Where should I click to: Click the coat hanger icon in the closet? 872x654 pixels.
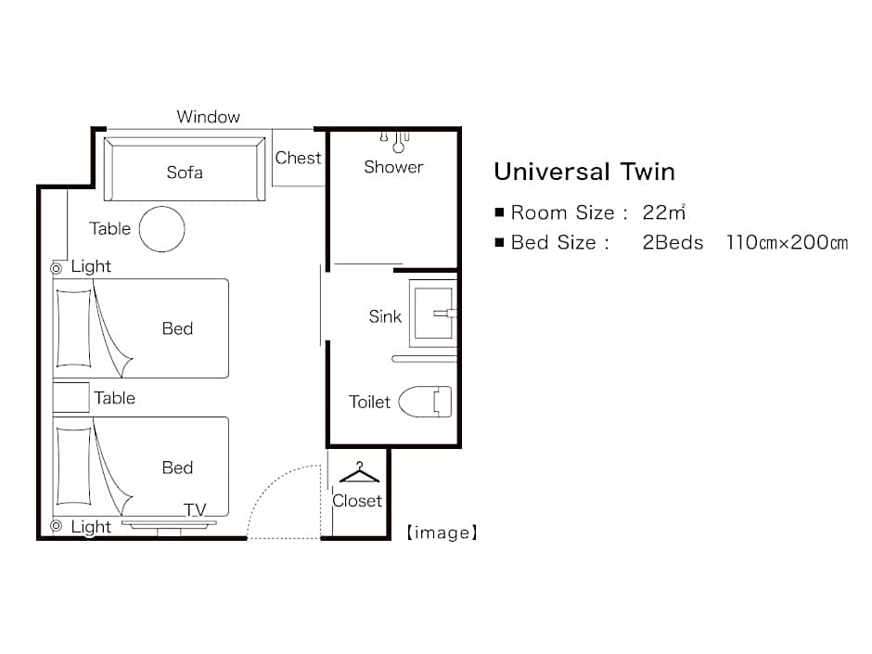tap(359, 473)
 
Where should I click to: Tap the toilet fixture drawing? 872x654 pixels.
tap(425, 401)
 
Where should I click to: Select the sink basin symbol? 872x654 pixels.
tap(433, 314)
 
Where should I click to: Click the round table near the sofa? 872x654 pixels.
tap(161, 229)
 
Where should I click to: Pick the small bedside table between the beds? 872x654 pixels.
tap(71, 397)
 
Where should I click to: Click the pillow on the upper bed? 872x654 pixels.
tap(74, 328)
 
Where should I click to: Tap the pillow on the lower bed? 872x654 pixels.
tap(74, 466)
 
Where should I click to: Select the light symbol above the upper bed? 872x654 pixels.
tap(57, 269)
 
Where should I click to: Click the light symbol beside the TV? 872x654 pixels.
tap(57, 525)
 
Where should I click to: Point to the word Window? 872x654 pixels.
tap(208, 117)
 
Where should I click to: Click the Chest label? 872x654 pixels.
tap(298, 158)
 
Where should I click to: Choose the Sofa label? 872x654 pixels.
tap(185, 173)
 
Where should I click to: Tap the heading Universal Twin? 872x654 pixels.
tap(584, 172)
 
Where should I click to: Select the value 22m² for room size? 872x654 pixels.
tap(663, 212)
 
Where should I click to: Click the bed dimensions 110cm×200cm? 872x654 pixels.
tap(787, 242)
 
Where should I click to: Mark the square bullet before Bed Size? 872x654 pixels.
tap(499, 242)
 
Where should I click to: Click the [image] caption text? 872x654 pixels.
tap(442, 532)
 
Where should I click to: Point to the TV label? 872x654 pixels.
tap(195, 510)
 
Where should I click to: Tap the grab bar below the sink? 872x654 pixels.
tap(424, 359)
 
